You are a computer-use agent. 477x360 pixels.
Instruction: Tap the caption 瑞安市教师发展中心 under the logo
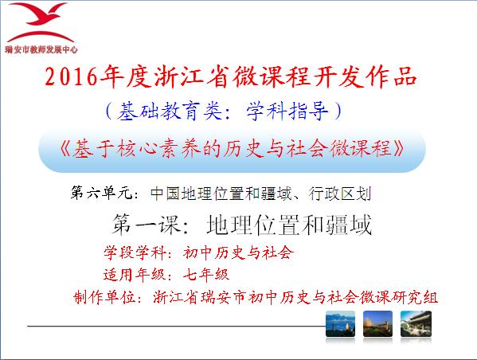pos(41,49)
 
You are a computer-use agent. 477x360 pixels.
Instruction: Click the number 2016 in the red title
pos(71,76)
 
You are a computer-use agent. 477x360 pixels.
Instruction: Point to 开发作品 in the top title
pos(366,76)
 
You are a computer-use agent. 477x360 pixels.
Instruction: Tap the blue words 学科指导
pos(287,111)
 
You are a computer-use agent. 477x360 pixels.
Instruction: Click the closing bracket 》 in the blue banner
pos(399,149)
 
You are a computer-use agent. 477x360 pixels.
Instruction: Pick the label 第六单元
pos(101,193)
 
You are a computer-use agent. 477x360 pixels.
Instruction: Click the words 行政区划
pos(339,194)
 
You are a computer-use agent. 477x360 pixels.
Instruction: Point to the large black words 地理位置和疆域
pos(289,225)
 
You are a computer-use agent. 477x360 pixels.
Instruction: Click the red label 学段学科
pos(135,252)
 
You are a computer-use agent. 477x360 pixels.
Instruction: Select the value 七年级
pos(205,275)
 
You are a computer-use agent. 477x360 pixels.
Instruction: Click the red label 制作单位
pos(104,297)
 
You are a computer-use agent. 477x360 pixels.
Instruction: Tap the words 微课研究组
pos(398,297)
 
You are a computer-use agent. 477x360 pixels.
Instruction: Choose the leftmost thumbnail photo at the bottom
pos(340,324)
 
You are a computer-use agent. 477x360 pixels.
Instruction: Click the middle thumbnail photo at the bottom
pos(377,324)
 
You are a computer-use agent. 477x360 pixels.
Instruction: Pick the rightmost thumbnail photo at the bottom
pos(416,324)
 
